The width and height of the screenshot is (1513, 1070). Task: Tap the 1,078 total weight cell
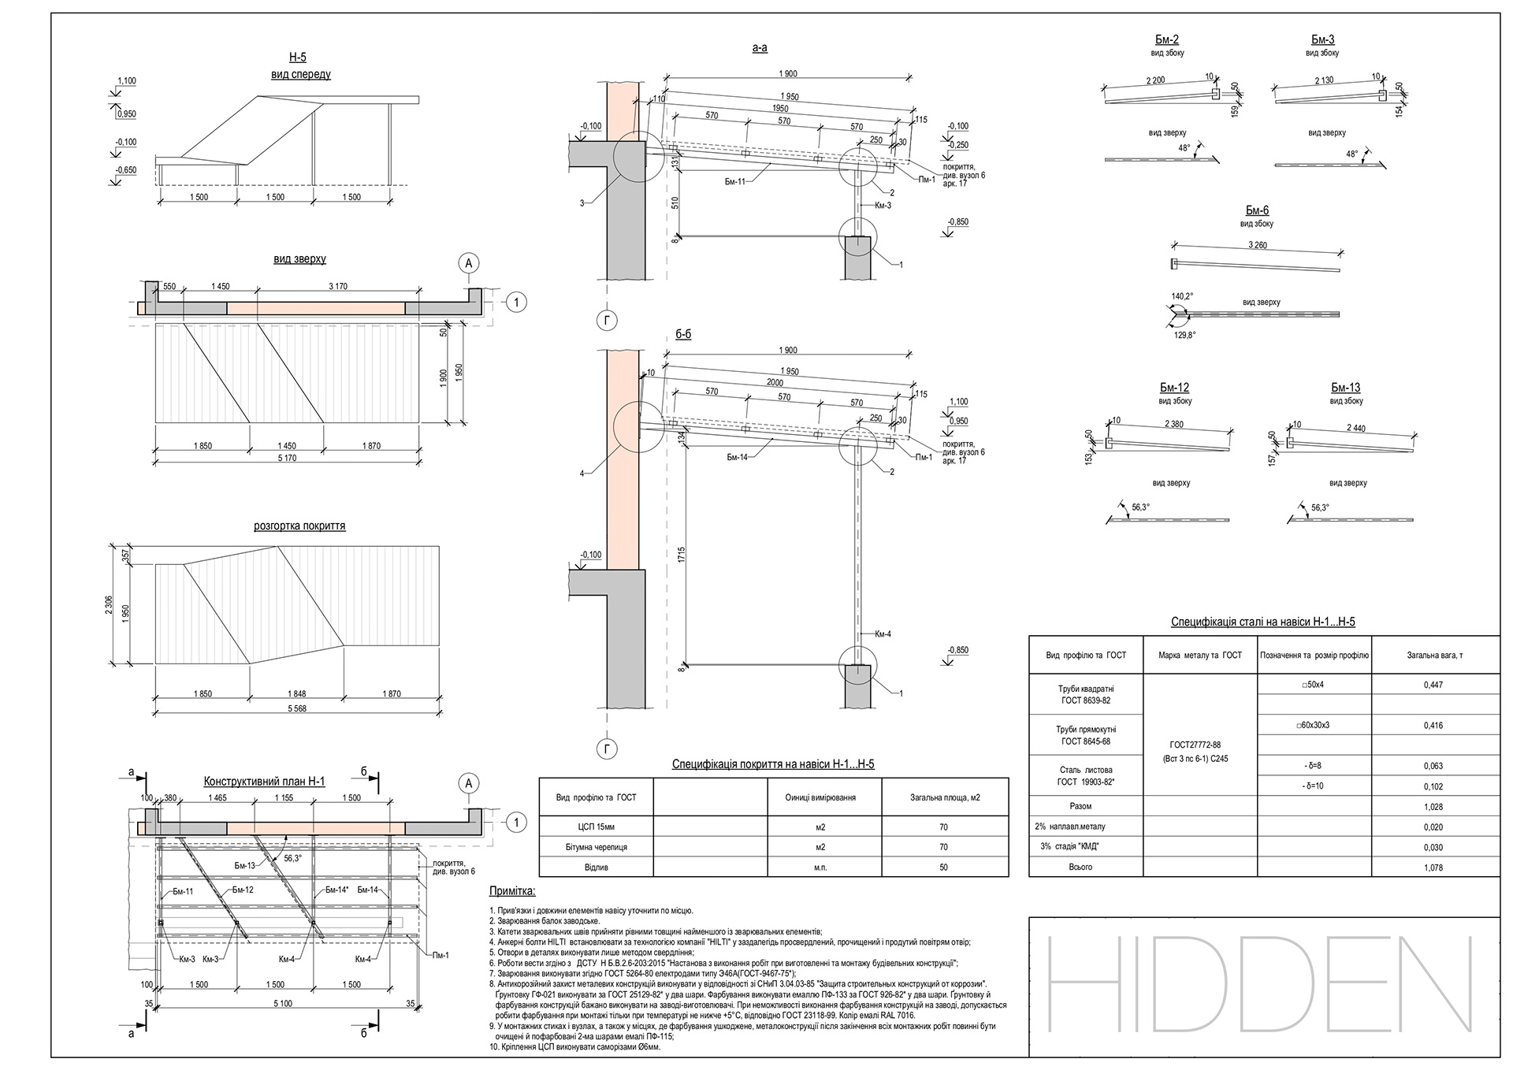click(1434, 868)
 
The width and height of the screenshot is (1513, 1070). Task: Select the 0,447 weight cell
click(1434, 685)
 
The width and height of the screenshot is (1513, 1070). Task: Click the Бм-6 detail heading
click(1257, 210)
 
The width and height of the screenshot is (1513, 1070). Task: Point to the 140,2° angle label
click(1182, 296)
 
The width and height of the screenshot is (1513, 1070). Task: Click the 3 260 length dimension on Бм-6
click(1257, 246)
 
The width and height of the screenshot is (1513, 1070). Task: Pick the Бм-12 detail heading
click(1174, 388)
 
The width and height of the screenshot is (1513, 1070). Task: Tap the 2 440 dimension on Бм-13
click(1356, 429)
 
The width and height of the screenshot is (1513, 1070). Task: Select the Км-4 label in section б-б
click(883, 633)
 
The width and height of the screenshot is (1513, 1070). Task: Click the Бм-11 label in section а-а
click(735, 181)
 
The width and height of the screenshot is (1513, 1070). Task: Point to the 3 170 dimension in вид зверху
click(337, 286)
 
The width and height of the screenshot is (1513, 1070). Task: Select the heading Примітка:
click(512, 891)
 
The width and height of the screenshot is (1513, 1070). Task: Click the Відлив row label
click(596, 868)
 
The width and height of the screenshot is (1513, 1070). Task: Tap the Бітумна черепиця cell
click(596, 848)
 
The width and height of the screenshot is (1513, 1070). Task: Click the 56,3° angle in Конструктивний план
click(292, 859)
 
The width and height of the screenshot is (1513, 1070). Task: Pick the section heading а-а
click(760, 48)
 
